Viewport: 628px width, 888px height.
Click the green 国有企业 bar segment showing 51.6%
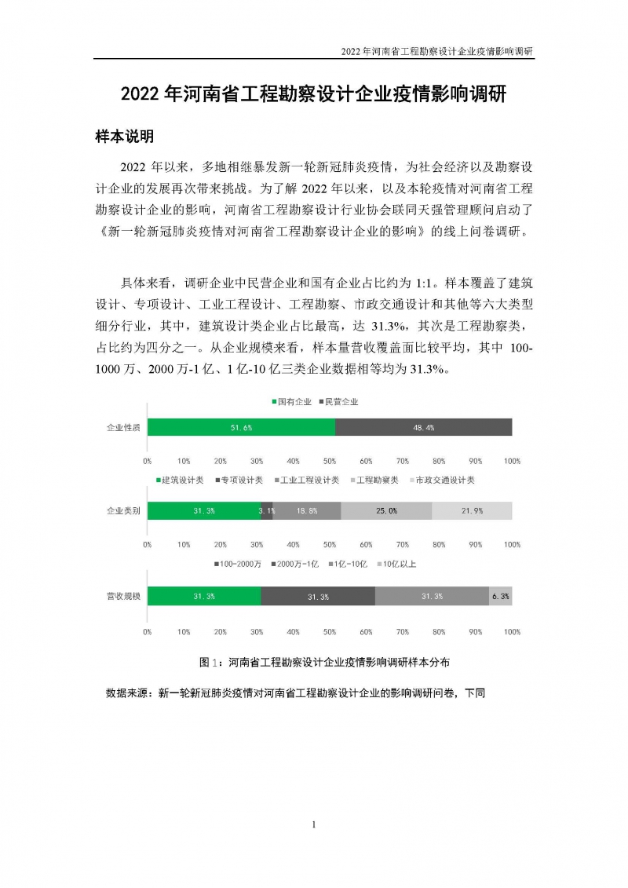(241, 427)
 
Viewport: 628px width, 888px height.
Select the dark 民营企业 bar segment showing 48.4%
(424, 427)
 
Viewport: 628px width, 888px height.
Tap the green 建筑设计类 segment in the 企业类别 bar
(204, 510)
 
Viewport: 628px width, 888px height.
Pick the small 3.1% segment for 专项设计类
(267, 510)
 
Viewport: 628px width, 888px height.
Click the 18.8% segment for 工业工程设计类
(307, 510)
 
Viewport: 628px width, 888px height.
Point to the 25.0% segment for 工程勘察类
(386, 510)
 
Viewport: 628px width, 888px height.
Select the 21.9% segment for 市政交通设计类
(472, 510)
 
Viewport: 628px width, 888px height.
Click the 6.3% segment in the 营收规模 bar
(501, 597)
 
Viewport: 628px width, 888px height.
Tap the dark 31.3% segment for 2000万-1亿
(318, 597)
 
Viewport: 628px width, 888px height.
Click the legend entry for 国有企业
(290, 402)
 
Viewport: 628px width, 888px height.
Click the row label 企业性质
(123, 427)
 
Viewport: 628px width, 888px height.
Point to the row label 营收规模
(123, 597)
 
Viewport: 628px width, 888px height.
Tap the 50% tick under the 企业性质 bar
(330, 461)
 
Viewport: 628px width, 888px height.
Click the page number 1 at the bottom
(313, 824)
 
